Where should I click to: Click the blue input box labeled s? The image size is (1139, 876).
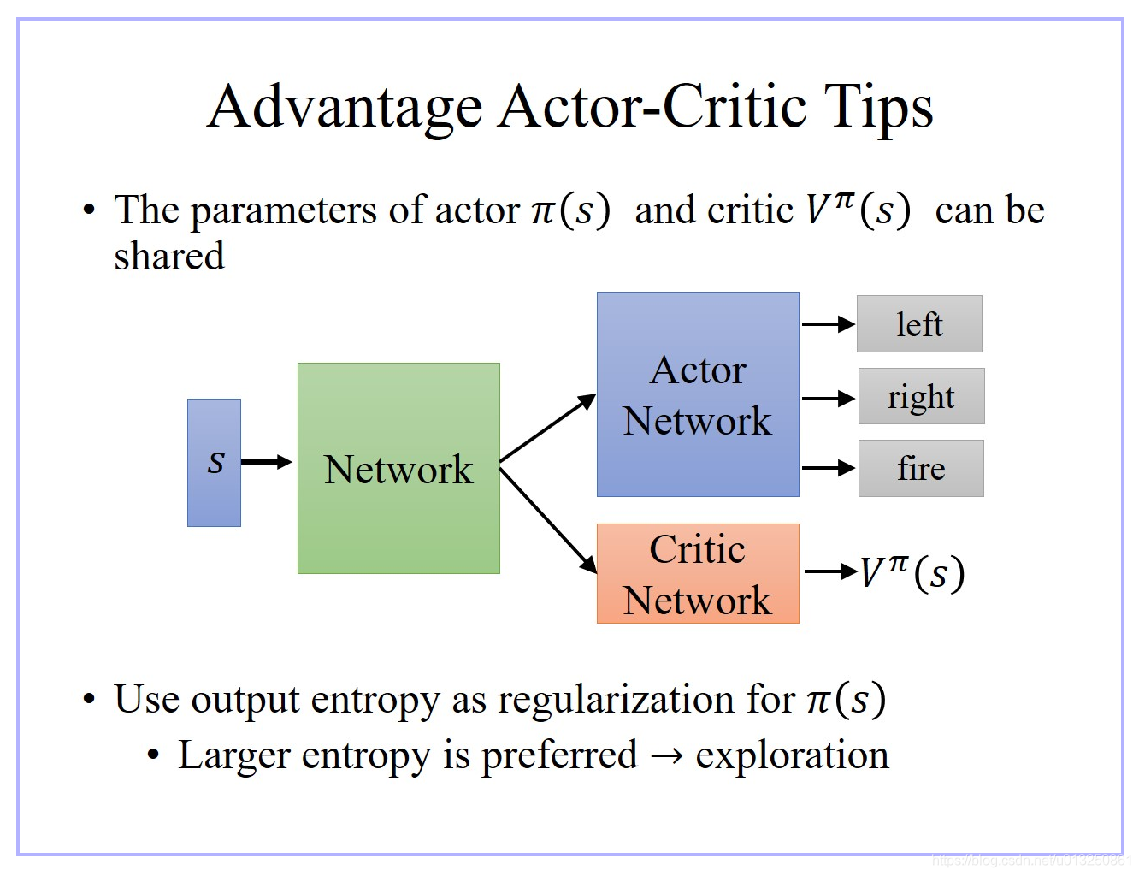point(214,462)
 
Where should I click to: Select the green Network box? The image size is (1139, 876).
point(398,468)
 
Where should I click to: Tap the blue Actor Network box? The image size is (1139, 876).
point(698,394)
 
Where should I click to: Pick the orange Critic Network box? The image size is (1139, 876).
point(698,573)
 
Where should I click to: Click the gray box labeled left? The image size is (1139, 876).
point(919,324)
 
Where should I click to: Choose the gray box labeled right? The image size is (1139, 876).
point(921,396)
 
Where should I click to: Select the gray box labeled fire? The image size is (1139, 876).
point(921,468)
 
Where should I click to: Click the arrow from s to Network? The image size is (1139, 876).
point(267,462)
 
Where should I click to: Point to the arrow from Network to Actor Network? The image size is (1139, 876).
point(547,429)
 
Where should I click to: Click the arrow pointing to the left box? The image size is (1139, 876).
point(828,324)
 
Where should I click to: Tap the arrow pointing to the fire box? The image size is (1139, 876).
point(828,468)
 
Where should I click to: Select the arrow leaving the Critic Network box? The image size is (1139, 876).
point(830,571)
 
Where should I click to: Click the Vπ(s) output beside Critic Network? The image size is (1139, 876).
point(912,572)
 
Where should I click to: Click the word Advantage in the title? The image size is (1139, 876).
point(345,107)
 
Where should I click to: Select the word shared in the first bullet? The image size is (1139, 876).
point(169,256)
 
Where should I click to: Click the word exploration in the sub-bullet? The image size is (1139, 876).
point(792,755)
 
